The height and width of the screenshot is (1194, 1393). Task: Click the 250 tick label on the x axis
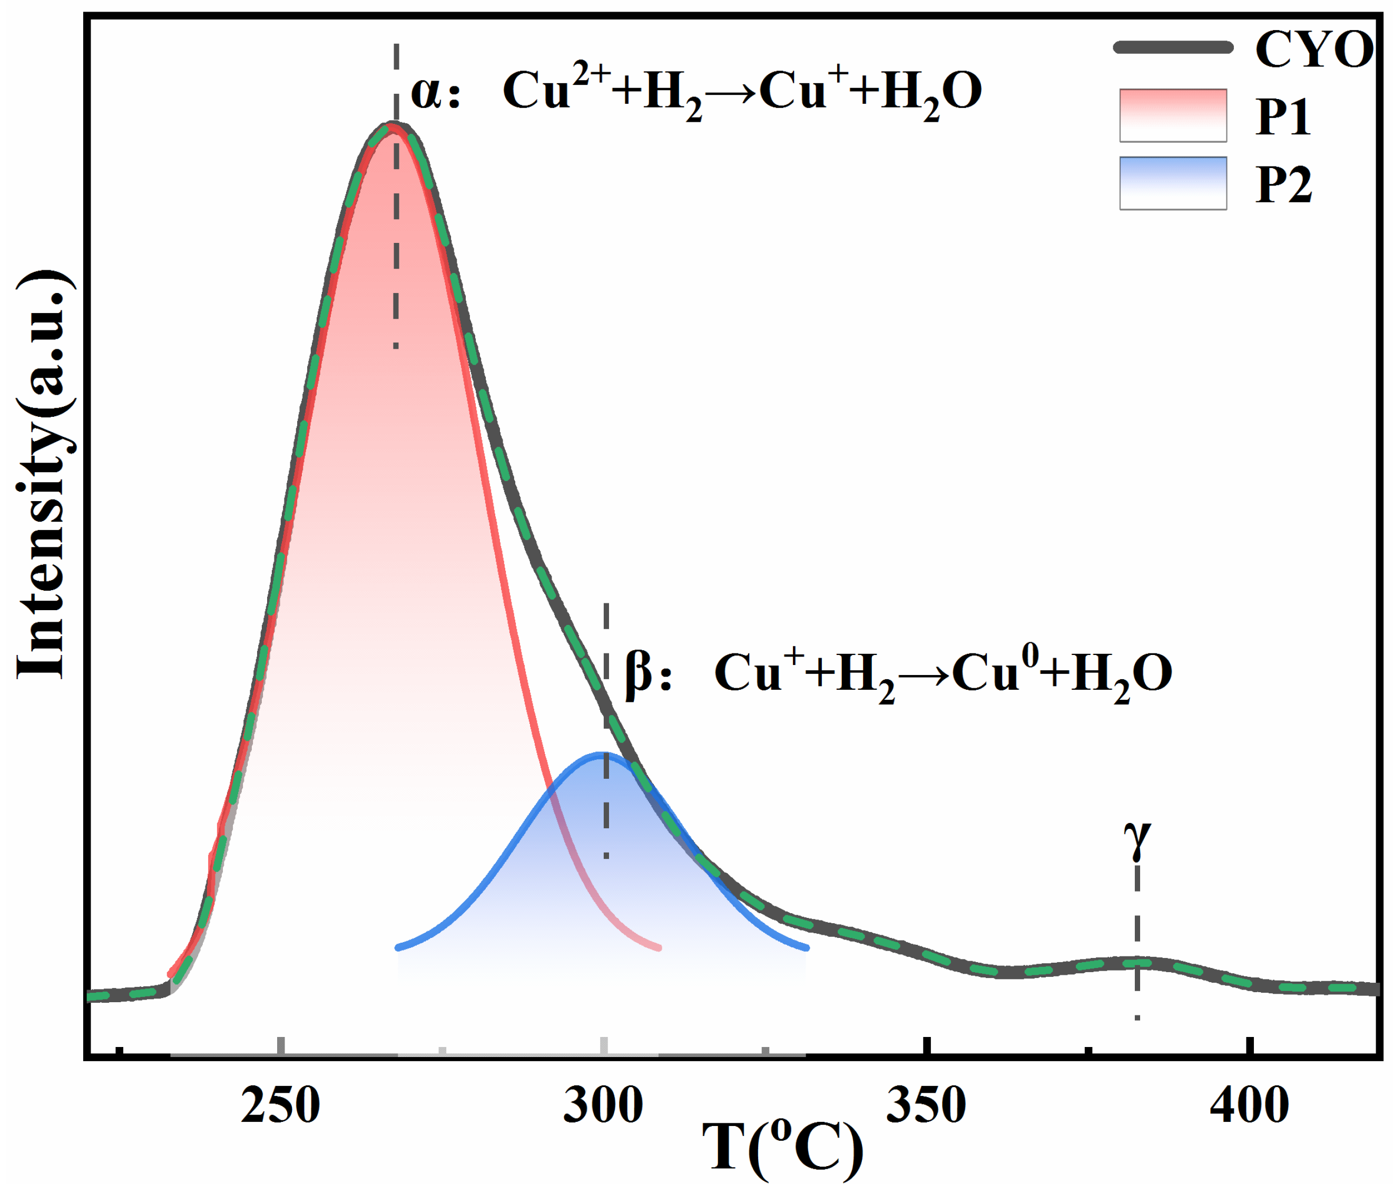pyautogui.click(x=280, y=1106)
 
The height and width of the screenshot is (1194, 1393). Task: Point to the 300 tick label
pyautogui.click(x=603, y=1106)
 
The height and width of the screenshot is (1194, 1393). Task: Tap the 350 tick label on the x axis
pyautogui.click(x=926, y=1106)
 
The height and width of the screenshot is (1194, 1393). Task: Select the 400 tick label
pyautogui.click(x=1249, y=1106)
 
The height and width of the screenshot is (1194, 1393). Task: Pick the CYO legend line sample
pyautogui.click(x=1173, y=47)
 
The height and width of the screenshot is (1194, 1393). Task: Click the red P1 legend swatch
pyautogui.click(x=1173, y=115)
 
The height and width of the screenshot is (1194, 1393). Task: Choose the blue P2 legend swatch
pyautogui.click(x=1173, y=183)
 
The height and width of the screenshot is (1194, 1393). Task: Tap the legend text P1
pyautogui.click(x=1283, y=118)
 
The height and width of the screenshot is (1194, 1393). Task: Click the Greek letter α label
pyautogui.click(x=426, y=92)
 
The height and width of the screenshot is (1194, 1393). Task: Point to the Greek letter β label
pyautogui.click(x=638, y=672)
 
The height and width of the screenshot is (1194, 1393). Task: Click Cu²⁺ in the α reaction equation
pyautogui.click(x=555, y=87)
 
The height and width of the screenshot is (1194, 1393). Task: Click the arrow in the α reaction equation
pyautogui.click(x=731, y=92)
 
